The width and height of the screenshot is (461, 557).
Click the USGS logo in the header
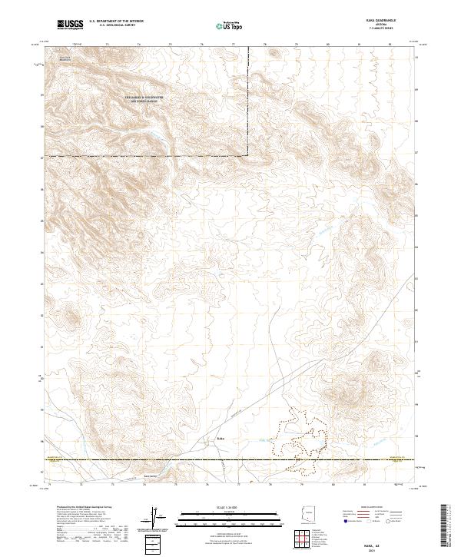click(70, 25)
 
